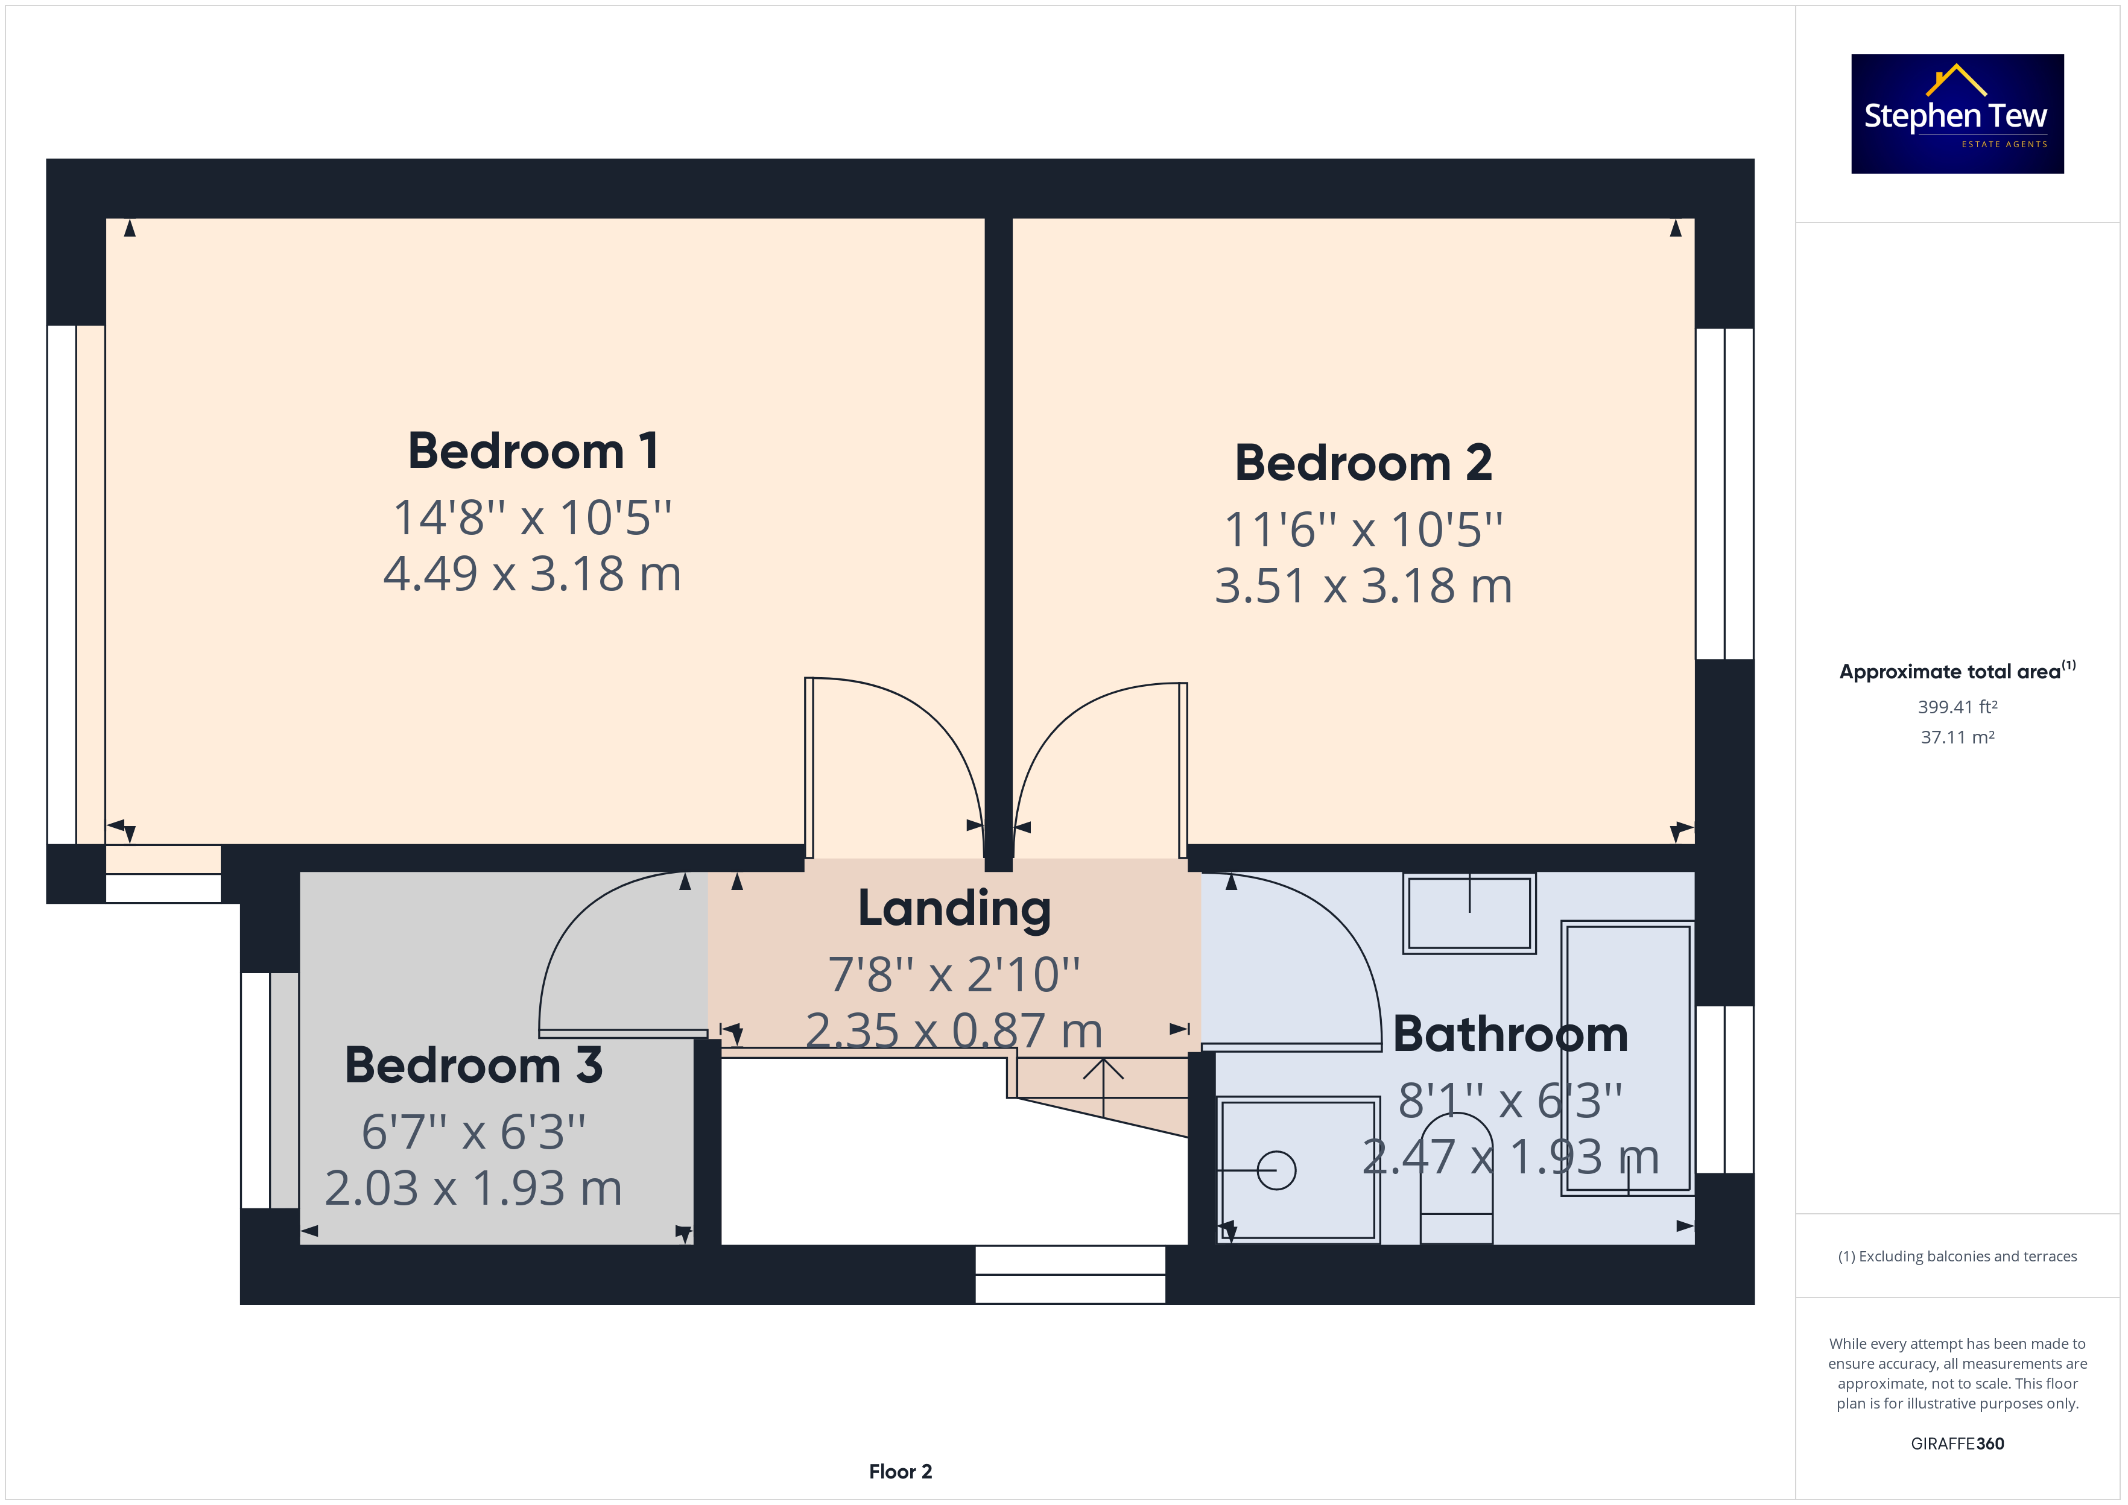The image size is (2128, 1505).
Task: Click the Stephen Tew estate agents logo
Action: coord(1957,113)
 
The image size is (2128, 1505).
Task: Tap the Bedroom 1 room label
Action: coord(533,451)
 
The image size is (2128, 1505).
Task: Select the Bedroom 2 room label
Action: coord(1363,462)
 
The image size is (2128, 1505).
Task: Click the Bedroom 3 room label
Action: coord(473,1065)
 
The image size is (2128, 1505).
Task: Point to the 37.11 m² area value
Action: coord(1957,737)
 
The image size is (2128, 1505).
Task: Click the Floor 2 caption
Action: coord(900,1472)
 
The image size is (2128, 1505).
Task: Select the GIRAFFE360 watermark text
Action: coord(1957,1444)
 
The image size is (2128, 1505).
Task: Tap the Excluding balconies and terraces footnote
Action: coord(1957,1257)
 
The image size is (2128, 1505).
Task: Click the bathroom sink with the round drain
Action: coord(1299,1170)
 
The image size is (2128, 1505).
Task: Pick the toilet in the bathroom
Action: coord(1456,1178)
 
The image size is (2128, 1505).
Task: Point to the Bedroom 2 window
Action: coord(1725,494)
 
